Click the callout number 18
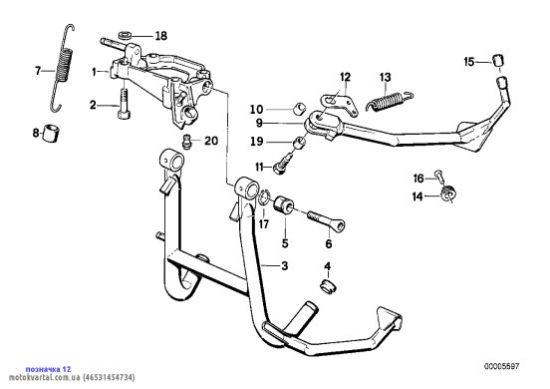161,36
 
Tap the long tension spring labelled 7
63,68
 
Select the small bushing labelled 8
51,133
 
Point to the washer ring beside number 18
125,35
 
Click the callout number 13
386,77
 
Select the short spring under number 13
390,100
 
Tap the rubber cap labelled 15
498,61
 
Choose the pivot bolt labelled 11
285,163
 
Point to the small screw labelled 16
439,176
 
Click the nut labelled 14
448,194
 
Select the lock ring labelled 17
263,197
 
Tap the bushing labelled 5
282,205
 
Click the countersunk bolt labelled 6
327,220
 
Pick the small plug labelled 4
328,286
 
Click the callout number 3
285,265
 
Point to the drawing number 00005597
502,366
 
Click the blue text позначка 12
48,369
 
